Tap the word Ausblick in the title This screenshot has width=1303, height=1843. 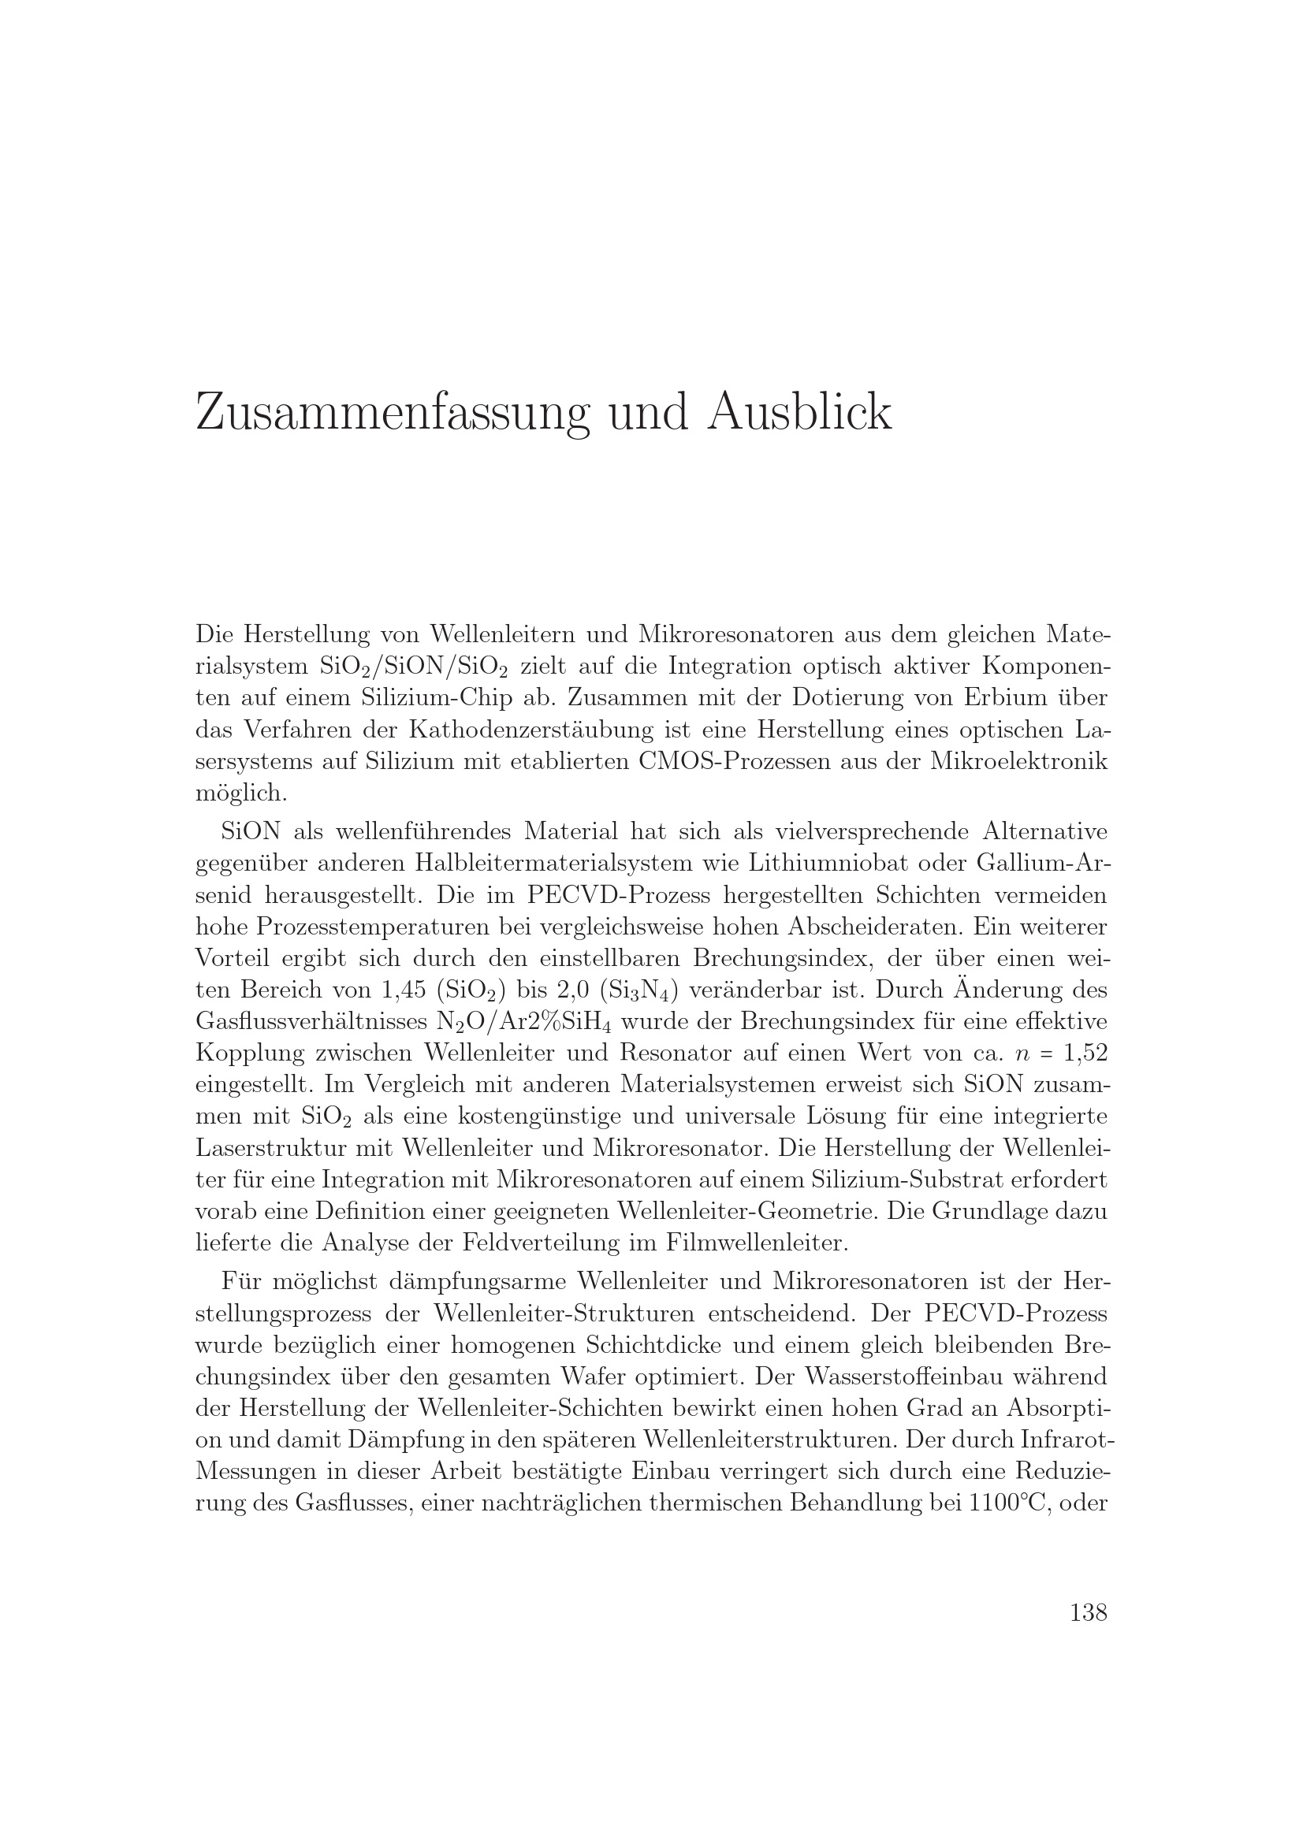799,412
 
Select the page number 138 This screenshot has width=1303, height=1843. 1088,1612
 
